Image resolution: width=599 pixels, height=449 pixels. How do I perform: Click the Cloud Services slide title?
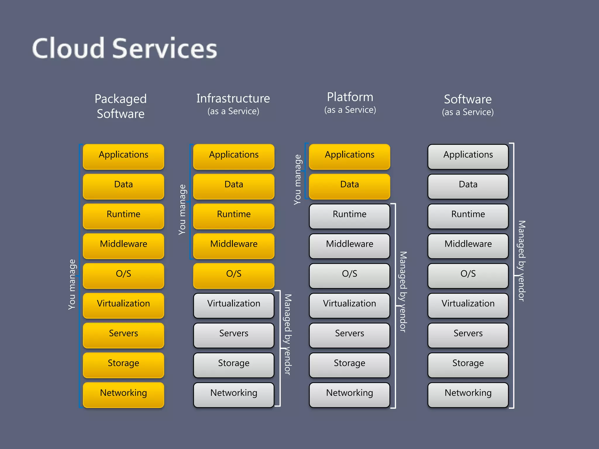coord(124,48)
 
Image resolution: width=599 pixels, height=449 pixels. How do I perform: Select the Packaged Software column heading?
coord(121,106)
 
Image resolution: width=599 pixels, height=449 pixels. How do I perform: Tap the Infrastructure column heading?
coord(233,99)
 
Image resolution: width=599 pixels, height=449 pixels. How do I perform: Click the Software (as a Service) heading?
coord(468,104)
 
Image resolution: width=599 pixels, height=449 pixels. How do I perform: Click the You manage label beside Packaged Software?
coord(72,284)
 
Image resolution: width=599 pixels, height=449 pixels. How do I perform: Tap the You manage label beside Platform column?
coord(297,179)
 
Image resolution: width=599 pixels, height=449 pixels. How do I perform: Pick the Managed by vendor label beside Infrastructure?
coord(288,334)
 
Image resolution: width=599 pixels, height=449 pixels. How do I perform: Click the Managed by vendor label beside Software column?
coord(521,261)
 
